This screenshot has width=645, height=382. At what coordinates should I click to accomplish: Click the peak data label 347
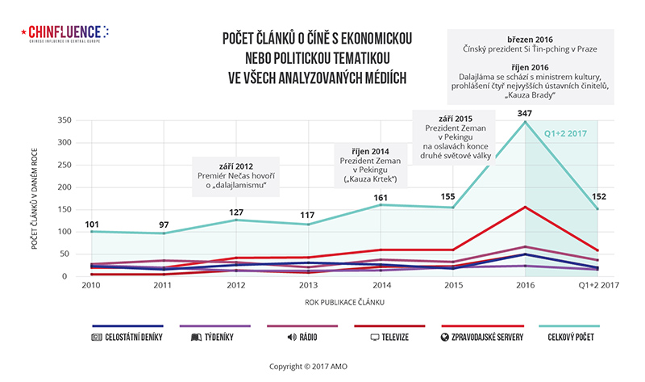(525, 114)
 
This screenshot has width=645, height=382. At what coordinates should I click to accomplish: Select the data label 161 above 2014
(380, 197)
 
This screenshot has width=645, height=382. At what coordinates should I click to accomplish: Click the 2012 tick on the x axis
(235, 287)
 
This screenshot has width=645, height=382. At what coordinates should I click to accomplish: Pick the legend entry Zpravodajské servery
(481, 336)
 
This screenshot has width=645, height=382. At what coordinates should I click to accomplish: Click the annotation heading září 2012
(235, 165)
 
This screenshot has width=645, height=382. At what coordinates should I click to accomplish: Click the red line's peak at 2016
(525, 207)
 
